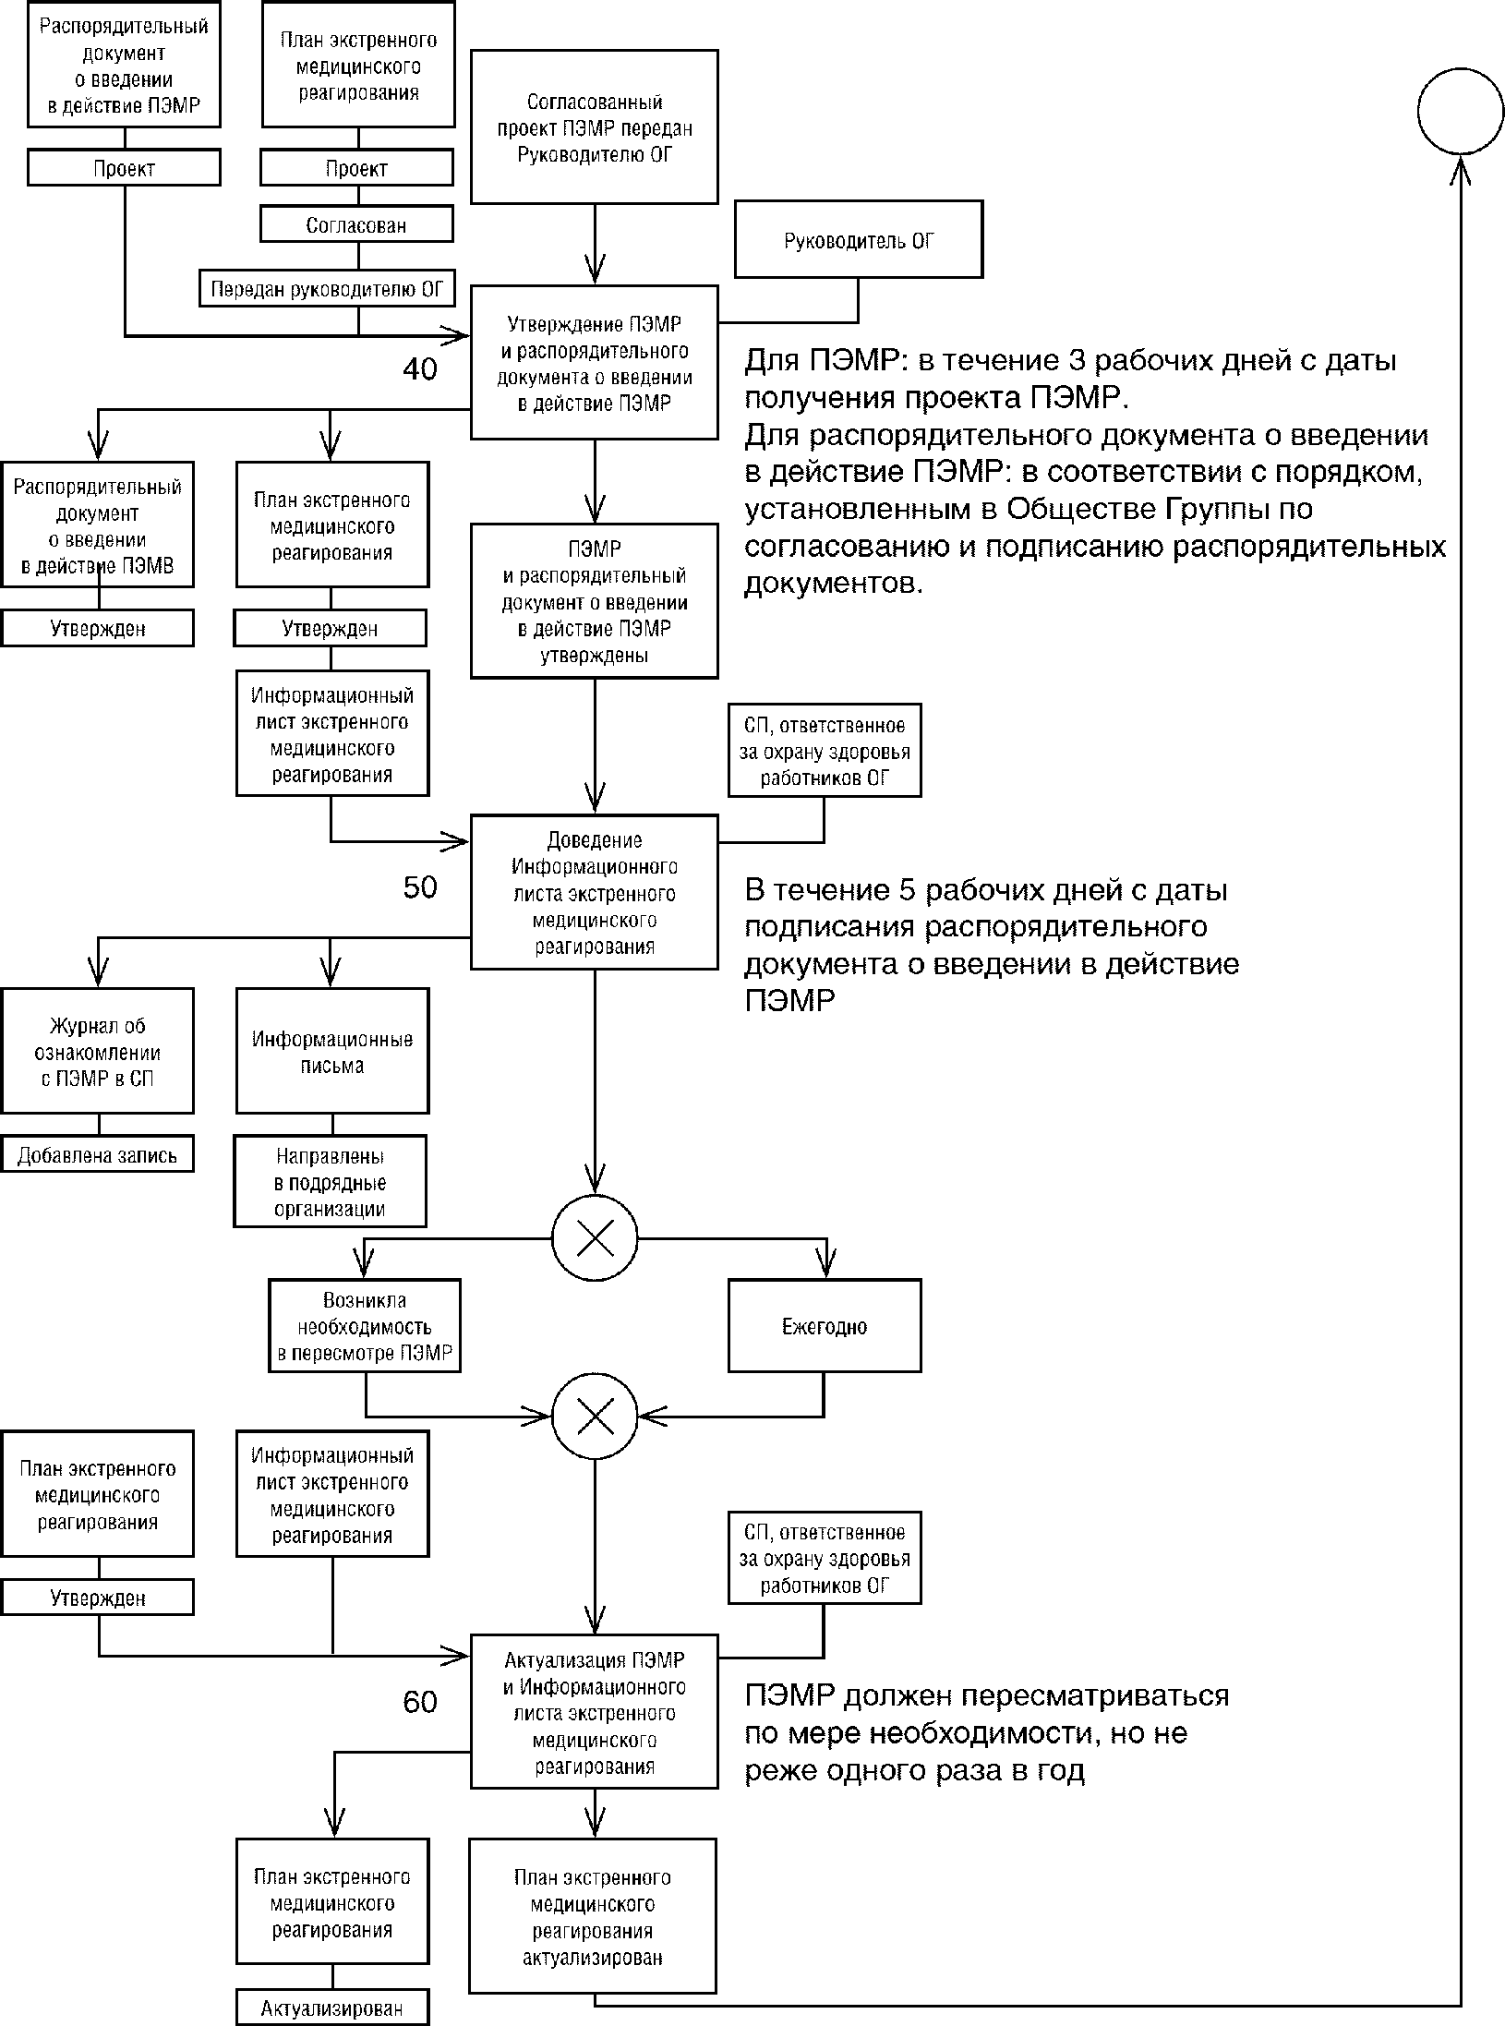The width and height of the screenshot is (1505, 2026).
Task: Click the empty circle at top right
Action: pos(1461,110)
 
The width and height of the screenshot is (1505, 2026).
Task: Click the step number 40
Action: pos(419,369)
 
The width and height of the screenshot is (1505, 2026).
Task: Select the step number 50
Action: pos(419,887)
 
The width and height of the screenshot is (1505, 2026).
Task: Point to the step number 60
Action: pos(419,1702)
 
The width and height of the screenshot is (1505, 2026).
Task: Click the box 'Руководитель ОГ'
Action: pos(858,240)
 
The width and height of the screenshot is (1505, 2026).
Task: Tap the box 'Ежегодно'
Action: pos(824,1327)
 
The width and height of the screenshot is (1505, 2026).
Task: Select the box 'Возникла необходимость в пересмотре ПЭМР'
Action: pos(365,1327)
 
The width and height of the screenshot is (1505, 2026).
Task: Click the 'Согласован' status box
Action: pos(356,224)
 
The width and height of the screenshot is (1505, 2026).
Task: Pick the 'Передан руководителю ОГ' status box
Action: pos(327,289)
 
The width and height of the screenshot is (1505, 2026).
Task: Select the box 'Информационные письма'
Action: pos(331,1052)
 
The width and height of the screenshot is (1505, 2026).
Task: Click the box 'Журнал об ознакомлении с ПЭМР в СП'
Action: pos(97,1052)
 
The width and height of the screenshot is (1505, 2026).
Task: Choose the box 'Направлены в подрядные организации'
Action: pos(330,1182)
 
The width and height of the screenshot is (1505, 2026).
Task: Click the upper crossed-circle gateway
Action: pos(595,1239)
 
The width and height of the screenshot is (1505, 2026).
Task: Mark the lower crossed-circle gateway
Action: pos(595,1416)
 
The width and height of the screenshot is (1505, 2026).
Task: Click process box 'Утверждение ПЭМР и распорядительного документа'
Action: pos(595,363)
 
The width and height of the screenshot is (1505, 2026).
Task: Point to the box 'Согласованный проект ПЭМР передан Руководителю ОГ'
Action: pos(595,127)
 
